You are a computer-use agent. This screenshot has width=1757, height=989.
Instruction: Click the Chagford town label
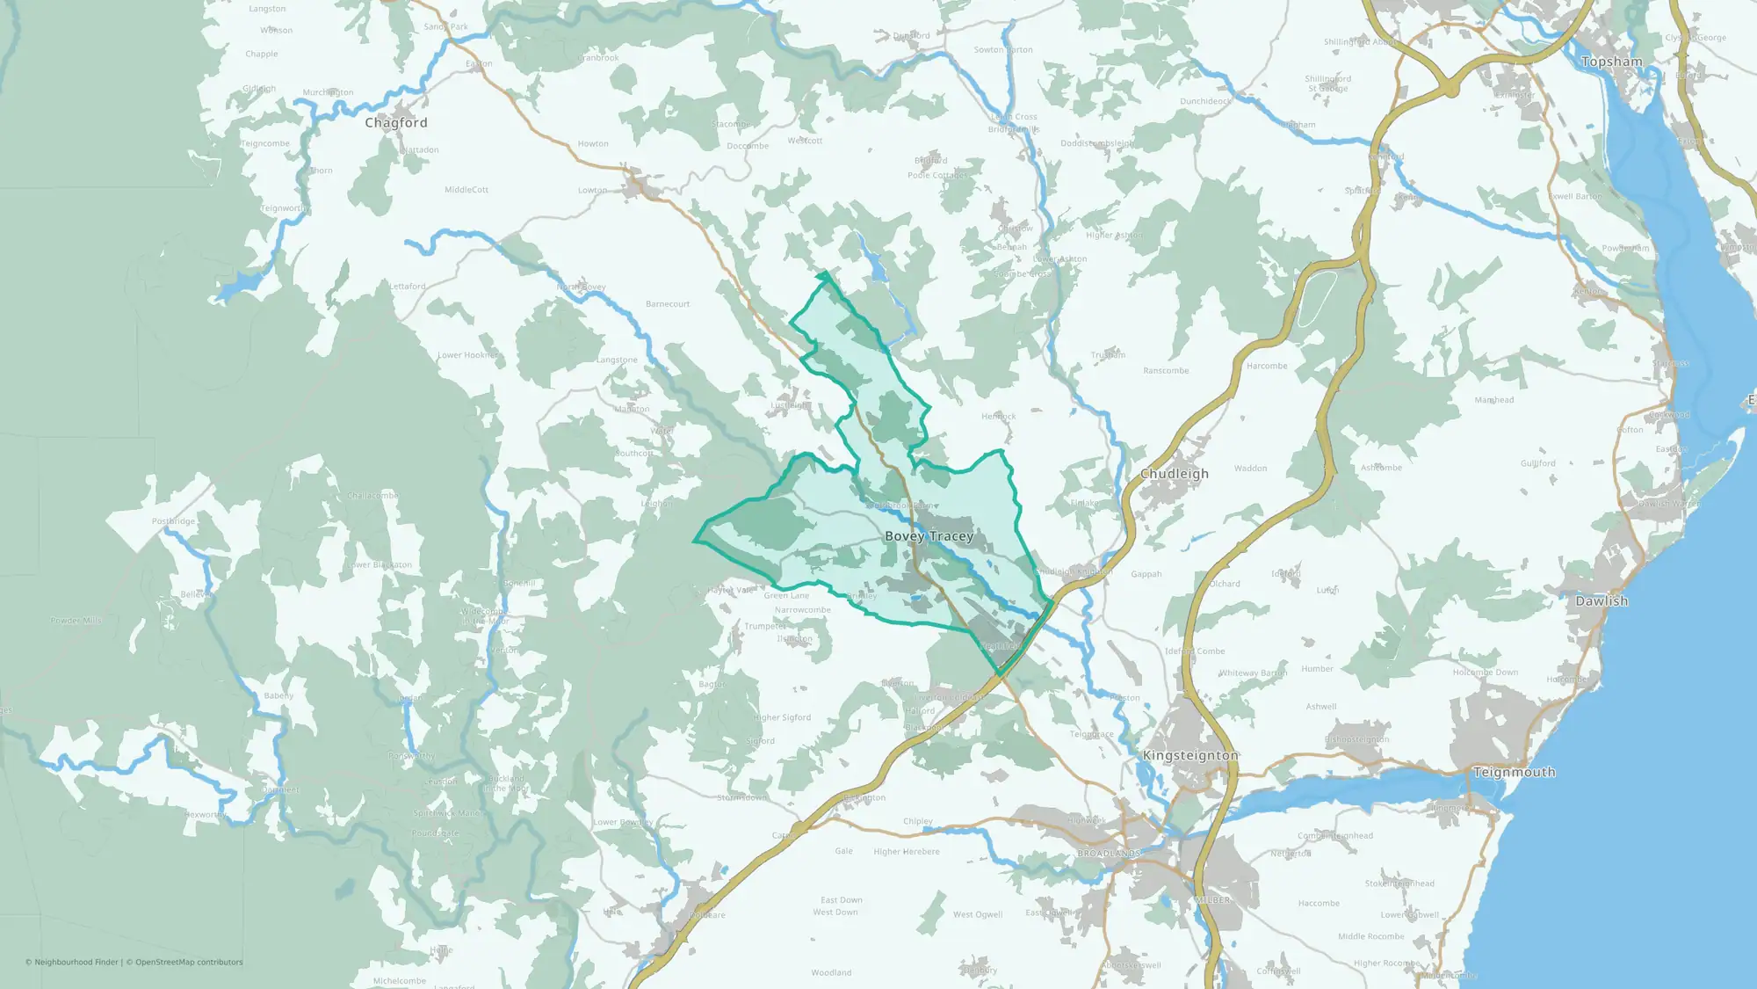tap(396, 123)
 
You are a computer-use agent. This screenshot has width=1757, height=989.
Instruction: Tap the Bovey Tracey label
tap(929, 536)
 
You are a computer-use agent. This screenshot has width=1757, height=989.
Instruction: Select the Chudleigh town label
tap(1175, 474)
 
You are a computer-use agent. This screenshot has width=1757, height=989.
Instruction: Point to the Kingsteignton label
tap(1190, 756)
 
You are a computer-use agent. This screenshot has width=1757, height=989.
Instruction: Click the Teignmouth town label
tap(1514, 773)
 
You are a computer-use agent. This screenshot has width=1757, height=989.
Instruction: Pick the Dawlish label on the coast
tap(1602, 601)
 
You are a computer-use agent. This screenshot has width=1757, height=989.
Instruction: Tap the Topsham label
tap(1611, 62)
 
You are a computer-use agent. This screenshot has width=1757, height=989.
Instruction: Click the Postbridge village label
tap(173, 521)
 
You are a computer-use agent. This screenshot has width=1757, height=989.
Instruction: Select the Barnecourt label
tap(668, 304)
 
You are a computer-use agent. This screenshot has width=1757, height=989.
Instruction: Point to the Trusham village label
tap(1108, 355)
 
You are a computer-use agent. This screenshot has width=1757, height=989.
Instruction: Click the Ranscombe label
tap(1166, 371)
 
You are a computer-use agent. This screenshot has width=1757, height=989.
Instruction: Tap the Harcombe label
tap(1267, 366)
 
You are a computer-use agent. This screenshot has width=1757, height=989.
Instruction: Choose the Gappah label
tap(1146, 574)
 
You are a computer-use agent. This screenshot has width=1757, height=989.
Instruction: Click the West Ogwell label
tap(978, 915)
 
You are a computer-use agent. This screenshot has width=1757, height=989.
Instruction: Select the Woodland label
tap(831, 973)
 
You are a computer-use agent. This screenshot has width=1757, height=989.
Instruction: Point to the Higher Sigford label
tap(782, 718)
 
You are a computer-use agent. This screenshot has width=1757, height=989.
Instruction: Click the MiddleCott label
tap(466, 190)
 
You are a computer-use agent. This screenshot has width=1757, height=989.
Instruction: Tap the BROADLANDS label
tap(1109, 854)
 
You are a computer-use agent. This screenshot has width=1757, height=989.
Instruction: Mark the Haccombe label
tap(1319, 904)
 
